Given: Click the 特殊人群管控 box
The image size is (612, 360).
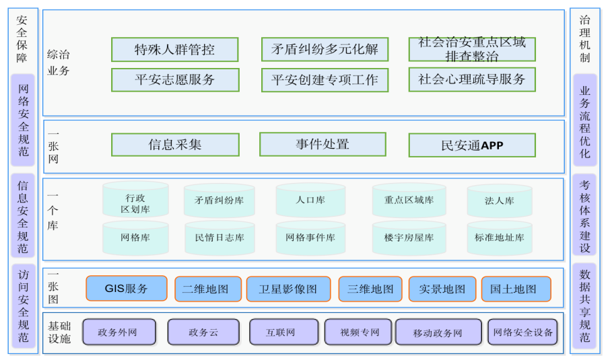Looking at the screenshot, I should (x=174, y=50).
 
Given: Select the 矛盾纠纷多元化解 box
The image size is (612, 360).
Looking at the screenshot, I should (x=325, y=50).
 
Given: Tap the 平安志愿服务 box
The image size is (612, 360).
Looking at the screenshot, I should (x=175, y=80).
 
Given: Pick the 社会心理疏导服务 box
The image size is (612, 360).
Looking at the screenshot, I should (x=472, y=79).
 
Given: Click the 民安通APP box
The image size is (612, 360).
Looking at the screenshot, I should (x=472, y=145).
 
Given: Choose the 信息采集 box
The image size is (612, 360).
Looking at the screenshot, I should (x=175, y=145).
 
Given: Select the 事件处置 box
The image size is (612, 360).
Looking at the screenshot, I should (x=322, y=144).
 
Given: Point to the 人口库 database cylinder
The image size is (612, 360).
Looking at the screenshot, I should (x=310, y=201).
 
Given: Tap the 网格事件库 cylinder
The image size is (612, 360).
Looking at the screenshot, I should (x=310, y=238).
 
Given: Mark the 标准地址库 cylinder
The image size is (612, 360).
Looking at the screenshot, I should (x=499, y=238).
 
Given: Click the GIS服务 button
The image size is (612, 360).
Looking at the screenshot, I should (x=127, y=289).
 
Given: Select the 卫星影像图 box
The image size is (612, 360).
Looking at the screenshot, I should (x=288, y=289).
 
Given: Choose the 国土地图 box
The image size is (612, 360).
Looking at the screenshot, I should (x=516, y=289).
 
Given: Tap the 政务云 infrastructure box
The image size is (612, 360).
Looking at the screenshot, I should (x=203, y=332).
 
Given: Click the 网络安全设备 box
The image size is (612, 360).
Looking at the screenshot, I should (x=522, y=332).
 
